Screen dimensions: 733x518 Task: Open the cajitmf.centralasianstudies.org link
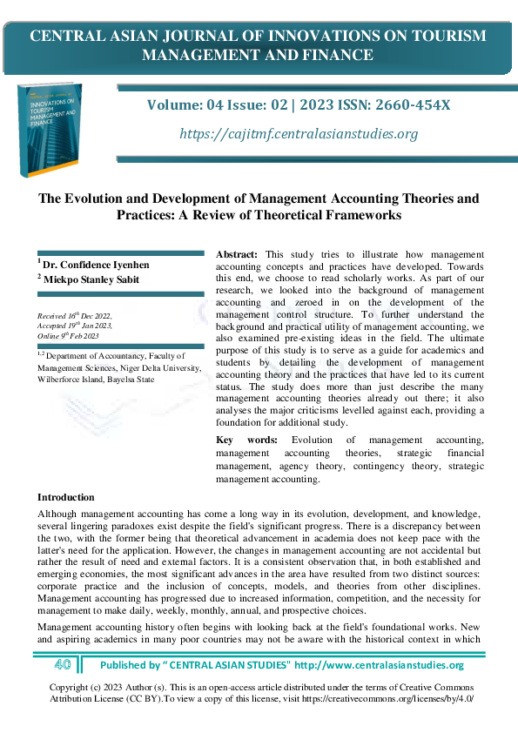[298, 134]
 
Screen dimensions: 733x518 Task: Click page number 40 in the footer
[62, 665]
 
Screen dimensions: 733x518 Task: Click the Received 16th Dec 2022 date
[74, 316]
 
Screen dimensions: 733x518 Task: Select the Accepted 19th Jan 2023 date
[77, 326]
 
